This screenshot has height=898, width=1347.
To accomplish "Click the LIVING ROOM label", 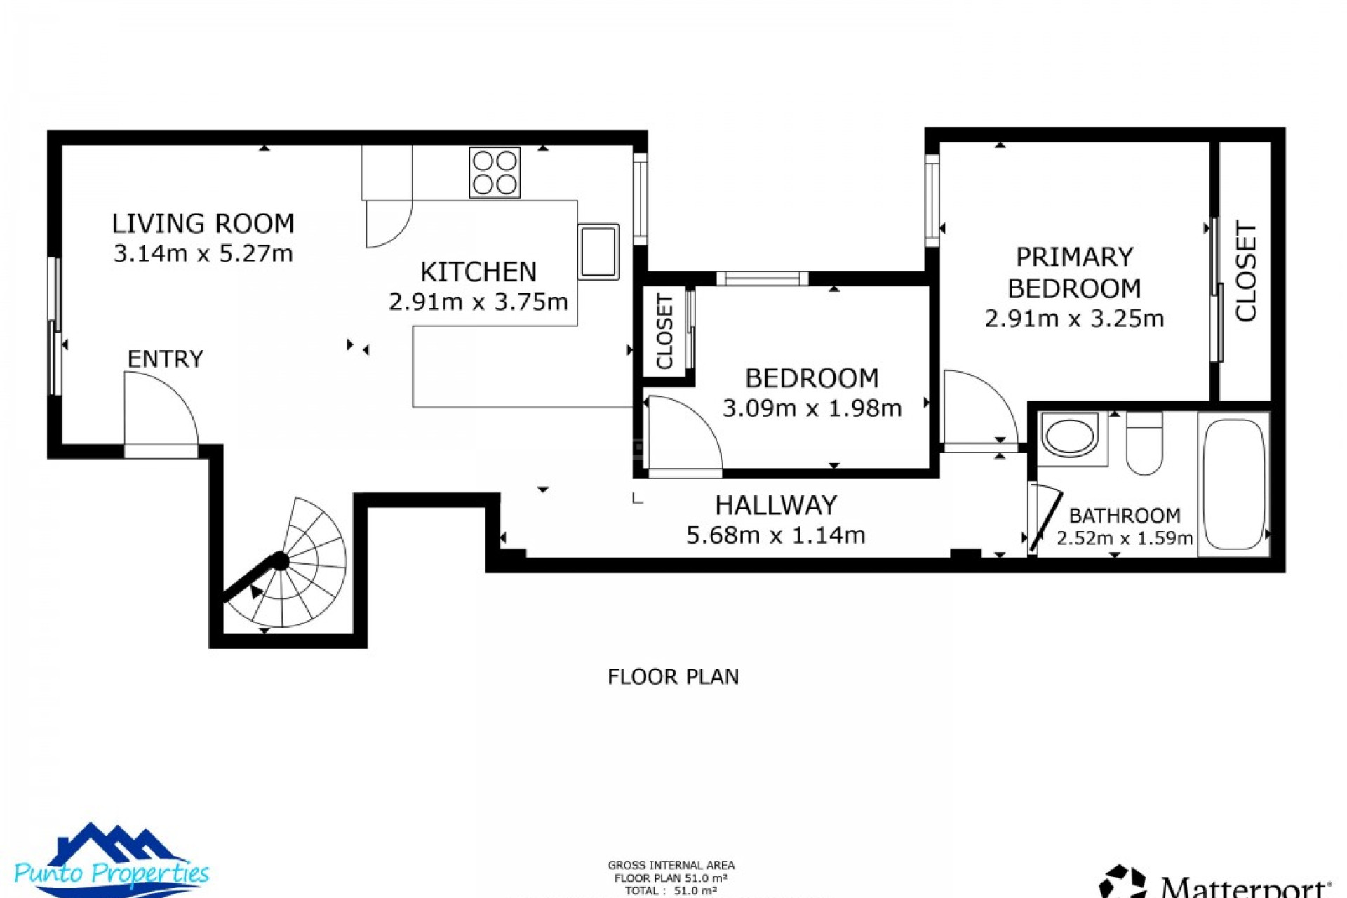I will click(203, 224).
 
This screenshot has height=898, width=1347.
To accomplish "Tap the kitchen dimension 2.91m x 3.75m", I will click(478, 302).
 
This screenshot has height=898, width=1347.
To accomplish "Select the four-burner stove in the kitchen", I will click(495, 173).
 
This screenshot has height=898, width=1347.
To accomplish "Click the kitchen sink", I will click(598, 252).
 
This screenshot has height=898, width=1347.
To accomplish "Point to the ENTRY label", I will click(165, 359).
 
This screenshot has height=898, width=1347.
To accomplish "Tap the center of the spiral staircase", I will click(281, 561).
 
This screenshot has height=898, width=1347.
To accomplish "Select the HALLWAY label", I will click(775, 505).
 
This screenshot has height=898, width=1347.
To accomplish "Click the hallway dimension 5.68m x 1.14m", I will click(775, 536).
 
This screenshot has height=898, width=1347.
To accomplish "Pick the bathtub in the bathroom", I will click(1233, 484).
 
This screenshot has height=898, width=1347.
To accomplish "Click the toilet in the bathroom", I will click(1144, 445).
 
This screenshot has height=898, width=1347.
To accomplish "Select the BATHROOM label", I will click(1124, 516).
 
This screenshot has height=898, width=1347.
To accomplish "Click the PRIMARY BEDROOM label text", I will click(1073, 273).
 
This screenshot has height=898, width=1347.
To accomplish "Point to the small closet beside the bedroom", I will click(664, 332).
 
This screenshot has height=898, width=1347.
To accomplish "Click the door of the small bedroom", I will click(682, 435).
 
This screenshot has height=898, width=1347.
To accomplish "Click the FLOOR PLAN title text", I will click(673, 677).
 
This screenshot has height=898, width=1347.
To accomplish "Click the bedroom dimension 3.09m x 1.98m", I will click(812, 409).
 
